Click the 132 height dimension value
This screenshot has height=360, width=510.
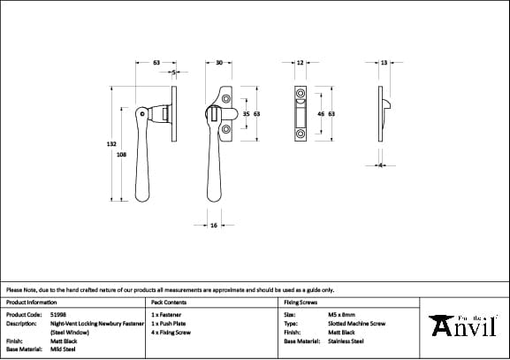111,142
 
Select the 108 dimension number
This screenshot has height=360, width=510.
120,155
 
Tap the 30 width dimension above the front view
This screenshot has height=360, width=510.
218,63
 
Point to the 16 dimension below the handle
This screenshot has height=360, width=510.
214,226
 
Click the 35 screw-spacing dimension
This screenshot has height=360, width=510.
247,114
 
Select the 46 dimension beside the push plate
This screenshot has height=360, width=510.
320,114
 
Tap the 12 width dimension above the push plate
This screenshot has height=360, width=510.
300,63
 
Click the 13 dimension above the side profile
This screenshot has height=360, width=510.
384,63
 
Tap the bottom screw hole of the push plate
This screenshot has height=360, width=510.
300,134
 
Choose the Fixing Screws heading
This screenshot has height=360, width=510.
300,303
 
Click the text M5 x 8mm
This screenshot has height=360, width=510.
341,314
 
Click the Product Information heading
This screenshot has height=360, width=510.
31,303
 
